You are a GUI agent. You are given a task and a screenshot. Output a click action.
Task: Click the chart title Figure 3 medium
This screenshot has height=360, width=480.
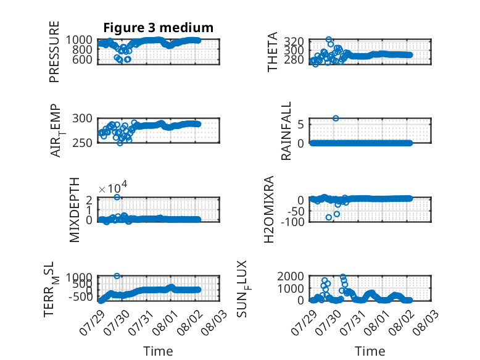pyautogui.click(x=159, y=28)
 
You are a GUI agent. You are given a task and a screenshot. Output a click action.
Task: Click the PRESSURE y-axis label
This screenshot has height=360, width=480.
pyautogui.click(x=54, y=52)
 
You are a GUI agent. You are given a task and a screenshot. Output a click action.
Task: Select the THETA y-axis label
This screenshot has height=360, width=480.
pyautogui.click(x=273, y=52)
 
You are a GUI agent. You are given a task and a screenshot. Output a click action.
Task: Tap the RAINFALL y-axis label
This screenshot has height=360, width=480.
pyautogui.click(x=286, y=131)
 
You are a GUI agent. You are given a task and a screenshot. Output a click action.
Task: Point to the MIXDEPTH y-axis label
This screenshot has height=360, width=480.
pyautogui.click(x=75, y=210)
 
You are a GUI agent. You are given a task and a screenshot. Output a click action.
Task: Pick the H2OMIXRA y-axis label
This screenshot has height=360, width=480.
pyautogui.click(x=268, y=209)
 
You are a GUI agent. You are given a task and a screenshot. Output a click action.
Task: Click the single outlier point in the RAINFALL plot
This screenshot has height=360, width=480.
pyautogui.click(x=336, y=119)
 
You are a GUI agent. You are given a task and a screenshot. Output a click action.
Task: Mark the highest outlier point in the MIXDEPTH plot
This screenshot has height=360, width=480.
pyautogui.click(x=117, y=198)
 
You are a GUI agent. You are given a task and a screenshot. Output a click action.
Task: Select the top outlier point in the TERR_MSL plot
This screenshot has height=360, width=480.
pyautogui.click(x=117, y=276)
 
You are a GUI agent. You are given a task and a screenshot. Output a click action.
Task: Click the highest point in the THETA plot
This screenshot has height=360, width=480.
pyautogui.click(x=329, y=40)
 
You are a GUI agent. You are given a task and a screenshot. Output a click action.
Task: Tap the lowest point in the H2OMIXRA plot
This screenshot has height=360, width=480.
pyautogui.click(x=329, y=217)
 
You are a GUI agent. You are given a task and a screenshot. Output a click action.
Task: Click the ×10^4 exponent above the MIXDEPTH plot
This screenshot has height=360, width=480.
pyautogui.click(x=113, y=187)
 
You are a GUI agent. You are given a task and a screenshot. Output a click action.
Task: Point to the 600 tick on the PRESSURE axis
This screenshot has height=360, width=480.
pyautogui.click(x=82, y=59)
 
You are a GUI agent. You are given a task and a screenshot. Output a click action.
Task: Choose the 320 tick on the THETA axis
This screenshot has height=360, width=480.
pyautogui.click(x=294, y=41)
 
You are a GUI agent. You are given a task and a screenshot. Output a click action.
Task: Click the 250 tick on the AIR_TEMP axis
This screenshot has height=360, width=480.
pyautogui.click(x=82, y=143)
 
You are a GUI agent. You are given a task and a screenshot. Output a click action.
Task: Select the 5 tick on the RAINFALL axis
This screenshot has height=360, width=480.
pyautogui.click(x=300, y=125)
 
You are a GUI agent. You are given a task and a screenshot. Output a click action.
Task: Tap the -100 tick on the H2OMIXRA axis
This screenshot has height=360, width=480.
pyautogui.click(x=292, y=222)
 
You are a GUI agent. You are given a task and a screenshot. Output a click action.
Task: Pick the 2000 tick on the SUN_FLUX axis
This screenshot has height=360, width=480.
pyautogui.click(x=291, y=277)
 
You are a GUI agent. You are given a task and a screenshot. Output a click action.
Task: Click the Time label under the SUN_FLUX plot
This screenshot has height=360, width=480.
pyautogui.click(x=370, y=351)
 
